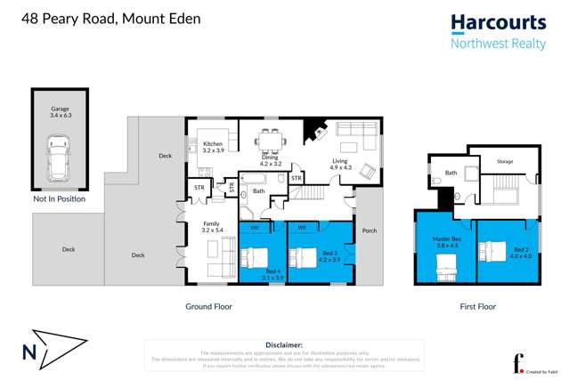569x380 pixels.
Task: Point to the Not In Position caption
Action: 59,199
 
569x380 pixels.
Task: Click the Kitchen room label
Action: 213,148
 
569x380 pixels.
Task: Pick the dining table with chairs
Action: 270,141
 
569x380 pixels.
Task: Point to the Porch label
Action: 370,230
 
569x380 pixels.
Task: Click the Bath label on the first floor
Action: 451,173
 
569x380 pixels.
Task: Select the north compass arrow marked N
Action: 53,352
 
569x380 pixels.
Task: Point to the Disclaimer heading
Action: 284,344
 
